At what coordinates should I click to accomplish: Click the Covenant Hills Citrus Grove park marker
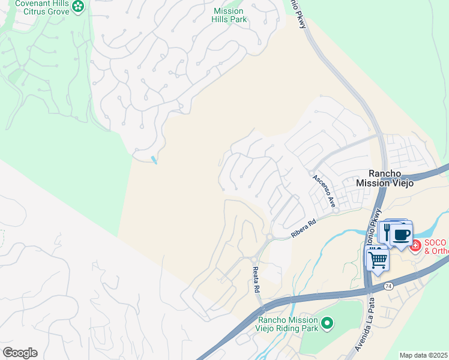tap(78, 7)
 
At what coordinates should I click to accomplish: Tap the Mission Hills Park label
tap(229, 15)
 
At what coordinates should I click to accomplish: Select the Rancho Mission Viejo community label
tap(385, 178)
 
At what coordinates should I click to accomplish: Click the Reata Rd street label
tap(256, 280)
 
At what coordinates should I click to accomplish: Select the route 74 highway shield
tap(389, 287)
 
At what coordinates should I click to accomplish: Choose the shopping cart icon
tap(377, 260)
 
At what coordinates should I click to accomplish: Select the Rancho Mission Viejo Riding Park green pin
tap(327, 324)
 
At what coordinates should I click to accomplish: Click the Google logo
tap(20, 353)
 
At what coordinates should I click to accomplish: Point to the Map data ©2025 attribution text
tap(424, 355)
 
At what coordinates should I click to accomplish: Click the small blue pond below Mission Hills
tap(154, 160)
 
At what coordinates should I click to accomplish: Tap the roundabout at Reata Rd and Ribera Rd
tap(268, 238)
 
